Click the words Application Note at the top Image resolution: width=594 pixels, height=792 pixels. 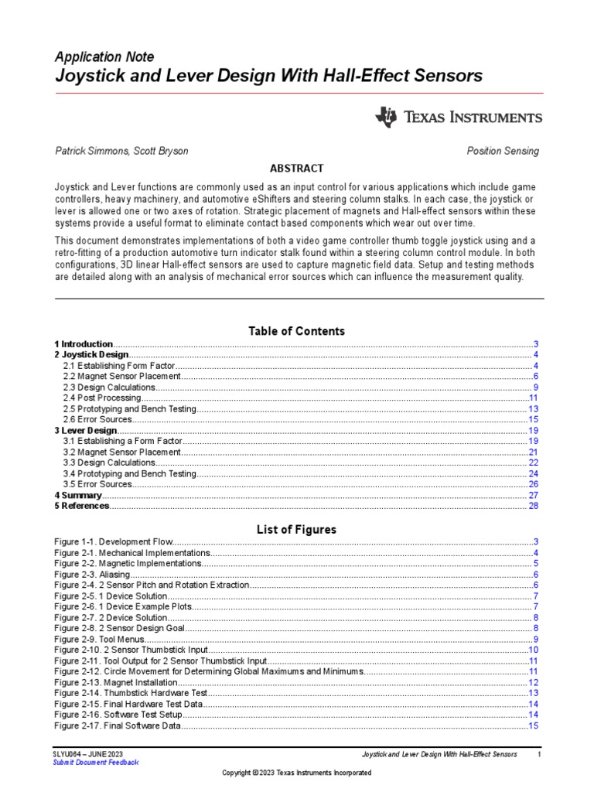(x=104, y=57)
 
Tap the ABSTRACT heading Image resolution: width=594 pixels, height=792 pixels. (x=296, y=169)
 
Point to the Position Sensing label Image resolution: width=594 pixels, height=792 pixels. (x=503, y=152)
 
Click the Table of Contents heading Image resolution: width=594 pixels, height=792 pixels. (x=296, y=331)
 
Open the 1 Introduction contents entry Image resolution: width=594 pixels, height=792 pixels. (x=84, y=343)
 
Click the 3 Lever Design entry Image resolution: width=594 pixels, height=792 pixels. (x=85, y=430)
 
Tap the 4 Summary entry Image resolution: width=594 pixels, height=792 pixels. (x=78, y=495)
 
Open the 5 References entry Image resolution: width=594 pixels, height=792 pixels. (x=82, y=506)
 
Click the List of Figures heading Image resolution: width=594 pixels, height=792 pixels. (x=296, y=530)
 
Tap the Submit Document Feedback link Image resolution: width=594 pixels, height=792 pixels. (x=96, y=762)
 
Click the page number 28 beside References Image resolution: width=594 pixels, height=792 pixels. (x=533, y=506)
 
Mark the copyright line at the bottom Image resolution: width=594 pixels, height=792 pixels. (x=296, y=773)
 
